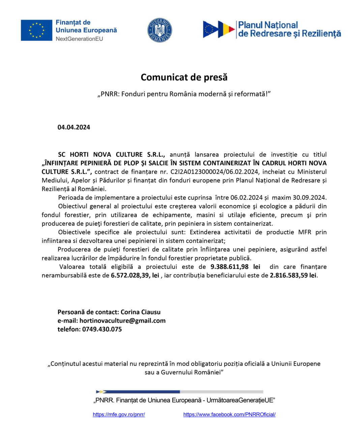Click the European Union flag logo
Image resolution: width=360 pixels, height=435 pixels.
tap(36, 30)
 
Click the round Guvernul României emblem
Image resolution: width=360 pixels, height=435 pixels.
tap(159, 30)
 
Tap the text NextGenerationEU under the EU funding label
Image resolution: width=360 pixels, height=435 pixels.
tap(79, 39)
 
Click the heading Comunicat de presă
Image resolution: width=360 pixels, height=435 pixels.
tap(184, 77)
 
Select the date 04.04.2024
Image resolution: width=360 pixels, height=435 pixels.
tap(74, 127)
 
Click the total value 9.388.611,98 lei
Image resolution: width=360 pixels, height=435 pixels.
tap(235, 267)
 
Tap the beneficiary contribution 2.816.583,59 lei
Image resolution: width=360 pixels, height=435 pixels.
tap(293, 275)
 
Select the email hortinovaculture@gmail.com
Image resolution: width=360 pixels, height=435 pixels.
tap(122, 320)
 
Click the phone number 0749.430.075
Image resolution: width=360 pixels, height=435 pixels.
tap(102, 329)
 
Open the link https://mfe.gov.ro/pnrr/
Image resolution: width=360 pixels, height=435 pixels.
tap(119, 414)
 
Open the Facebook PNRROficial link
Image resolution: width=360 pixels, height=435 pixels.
tap(229, 414)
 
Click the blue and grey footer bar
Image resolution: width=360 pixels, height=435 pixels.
tap(180, 392)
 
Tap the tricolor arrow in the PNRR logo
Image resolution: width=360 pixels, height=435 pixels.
tap(226, 30)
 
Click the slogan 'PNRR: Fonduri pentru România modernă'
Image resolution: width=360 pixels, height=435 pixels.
tap(184, 94)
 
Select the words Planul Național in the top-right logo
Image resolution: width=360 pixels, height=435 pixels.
tap(268, 25)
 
